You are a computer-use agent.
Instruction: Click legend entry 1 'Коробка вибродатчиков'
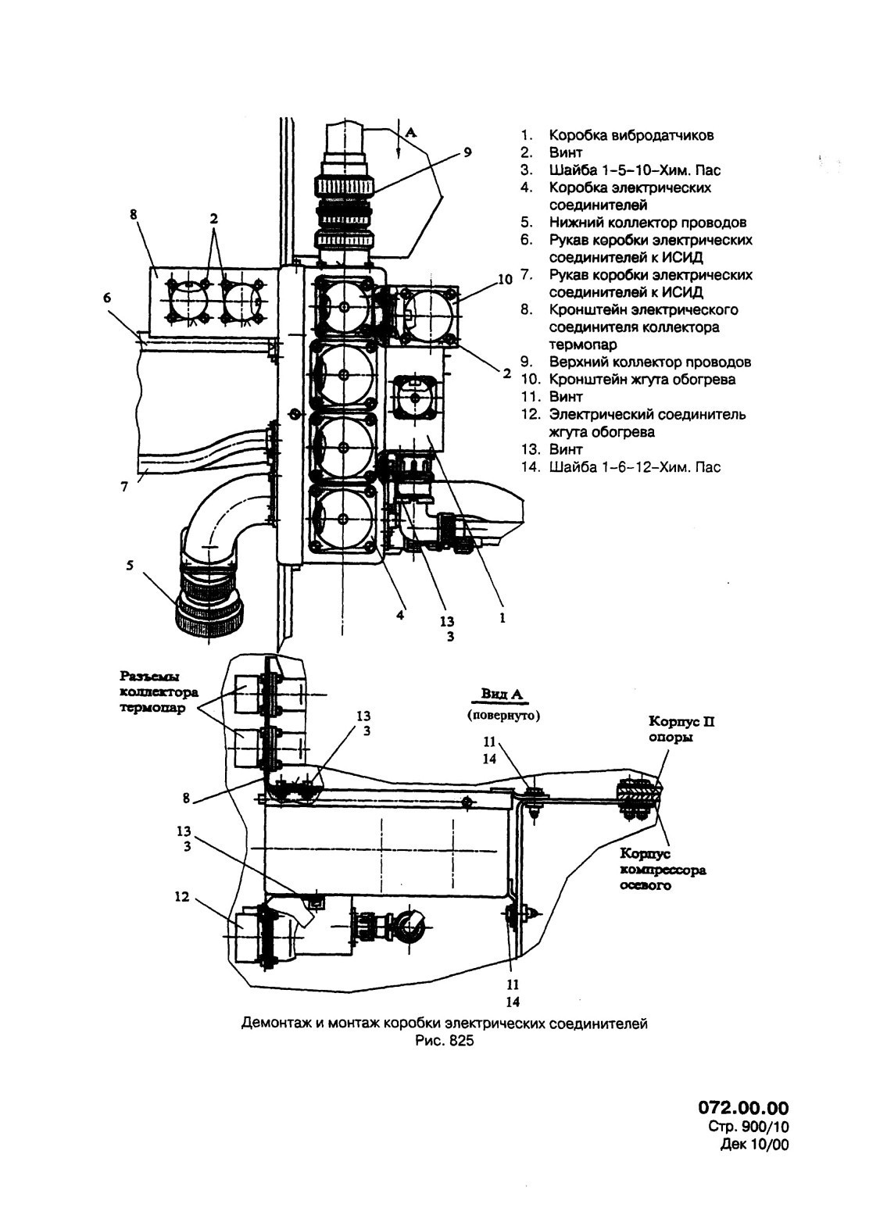click(617, 135)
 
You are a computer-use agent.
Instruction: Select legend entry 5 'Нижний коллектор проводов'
click(634, 222)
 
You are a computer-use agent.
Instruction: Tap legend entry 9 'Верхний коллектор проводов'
click(635, 362)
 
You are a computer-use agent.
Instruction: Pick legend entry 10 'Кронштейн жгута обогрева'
click(628, 380)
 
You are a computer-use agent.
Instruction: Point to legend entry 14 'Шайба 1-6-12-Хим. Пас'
click(621, 467)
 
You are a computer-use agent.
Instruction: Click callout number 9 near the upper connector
click(467, 152)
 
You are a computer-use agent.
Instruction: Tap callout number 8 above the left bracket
click(134, 214)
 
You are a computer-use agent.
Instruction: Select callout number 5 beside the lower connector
click(130, 565)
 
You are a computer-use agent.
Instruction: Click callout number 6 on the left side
click(106, 298)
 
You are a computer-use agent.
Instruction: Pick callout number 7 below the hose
click(124, 486)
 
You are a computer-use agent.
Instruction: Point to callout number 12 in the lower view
click(181, 896)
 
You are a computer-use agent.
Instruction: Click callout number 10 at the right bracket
click(504, 279)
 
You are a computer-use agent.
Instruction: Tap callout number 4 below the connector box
click(401, 615)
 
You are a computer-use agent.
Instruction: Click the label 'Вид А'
click(503, 694)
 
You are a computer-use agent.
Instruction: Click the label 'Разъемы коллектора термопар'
click(159, 692)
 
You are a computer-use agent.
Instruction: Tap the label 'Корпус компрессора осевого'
click(663, 870)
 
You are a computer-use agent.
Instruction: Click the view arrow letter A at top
click(410, 132)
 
